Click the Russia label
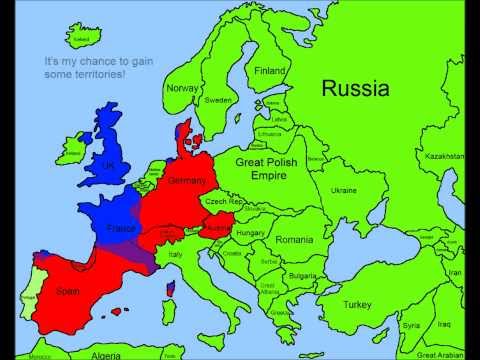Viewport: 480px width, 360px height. [354, 88]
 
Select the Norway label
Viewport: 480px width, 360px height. [182, 88]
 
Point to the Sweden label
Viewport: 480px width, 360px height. [218, 100]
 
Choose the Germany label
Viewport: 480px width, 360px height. [187, 181]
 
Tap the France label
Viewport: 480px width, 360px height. [120, 229]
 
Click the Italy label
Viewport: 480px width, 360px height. [175, 257]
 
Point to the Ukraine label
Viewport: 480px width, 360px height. [343, 189]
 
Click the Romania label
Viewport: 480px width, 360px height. [295, 241]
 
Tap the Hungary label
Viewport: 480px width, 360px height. [248, 232]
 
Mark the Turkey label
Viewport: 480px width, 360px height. [357, 304]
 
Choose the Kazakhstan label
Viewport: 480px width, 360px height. [444, 157]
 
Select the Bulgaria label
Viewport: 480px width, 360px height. [301, 275]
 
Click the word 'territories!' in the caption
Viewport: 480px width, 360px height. [98, 76]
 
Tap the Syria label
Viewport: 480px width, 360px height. [411, 325]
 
